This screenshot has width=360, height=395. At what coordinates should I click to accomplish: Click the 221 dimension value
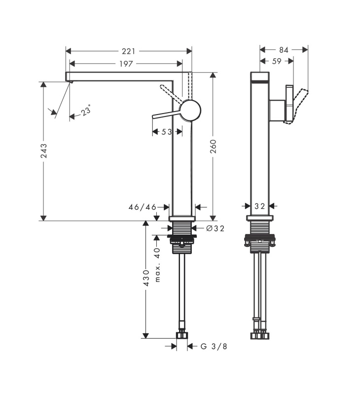click(129, 51)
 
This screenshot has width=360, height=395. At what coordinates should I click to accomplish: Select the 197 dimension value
click(126, 64)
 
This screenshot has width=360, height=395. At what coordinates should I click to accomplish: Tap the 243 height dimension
click(44, 151)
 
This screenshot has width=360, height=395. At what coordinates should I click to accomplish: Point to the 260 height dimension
click(213, 146)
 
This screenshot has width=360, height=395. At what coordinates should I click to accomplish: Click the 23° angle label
click(86, 110)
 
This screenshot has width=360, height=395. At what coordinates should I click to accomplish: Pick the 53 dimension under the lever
click(167, 132)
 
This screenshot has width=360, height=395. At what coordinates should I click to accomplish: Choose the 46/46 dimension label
click(143, 207)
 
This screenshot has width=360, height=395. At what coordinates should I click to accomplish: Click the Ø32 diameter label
click(215, 228)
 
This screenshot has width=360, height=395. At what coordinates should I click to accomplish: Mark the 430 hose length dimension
click(146, 278)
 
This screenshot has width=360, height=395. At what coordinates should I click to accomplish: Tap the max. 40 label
click(157, 265)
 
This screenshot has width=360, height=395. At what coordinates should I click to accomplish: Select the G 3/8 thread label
click(214, 347)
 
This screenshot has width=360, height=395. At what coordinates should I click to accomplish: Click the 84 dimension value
click(284, 50)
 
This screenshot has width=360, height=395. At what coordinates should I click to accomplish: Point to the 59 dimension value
click(277, 61)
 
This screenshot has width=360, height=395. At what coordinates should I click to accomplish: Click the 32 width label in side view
click(259, 206)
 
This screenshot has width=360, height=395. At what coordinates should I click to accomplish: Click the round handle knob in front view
click(190, 110)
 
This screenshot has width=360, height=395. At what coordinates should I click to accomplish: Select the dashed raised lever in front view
click(171, 94)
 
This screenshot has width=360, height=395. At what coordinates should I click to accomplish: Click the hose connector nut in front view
click(182, 335)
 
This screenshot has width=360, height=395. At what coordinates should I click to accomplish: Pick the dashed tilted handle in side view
click(297, 106)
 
